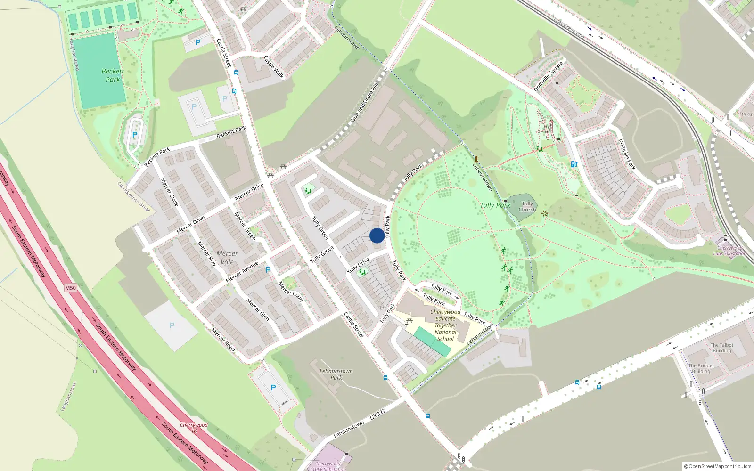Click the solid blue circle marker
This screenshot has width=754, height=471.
(377, 235)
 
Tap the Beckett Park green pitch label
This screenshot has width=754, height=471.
(113, 75)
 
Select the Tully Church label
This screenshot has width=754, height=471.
(527, 207)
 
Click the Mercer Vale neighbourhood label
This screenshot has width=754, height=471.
(227, 258)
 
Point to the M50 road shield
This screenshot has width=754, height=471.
(70, 288)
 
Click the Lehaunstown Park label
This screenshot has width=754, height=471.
(336, 374)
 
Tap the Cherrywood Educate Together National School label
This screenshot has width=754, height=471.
(445, 325)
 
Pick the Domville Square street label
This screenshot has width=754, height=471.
(549, 76)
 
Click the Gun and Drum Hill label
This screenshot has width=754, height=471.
(365, 103)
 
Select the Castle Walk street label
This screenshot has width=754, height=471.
(274, 67)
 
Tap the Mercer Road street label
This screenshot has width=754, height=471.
(223, 340)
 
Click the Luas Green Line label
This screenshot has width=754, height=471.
(569, 29)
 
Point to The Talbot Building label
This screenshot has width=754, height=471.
(721, 348)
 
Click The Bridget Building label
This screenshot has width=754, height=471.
(701, 368)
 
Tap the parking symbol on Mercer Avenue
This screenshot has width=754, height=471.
(268, 270)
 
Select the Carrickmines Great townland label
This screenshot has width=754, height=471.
(134, 197)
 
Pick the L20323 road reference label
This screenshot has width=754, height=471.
(377, 414)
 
